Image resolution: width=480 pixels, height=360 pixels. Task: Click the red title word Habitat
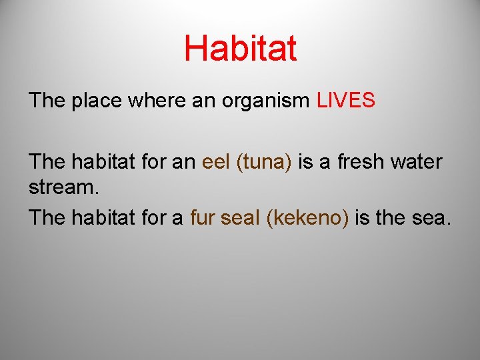(x=240, y=49)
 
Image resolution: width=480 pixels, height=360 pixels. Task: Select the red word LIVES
(x=346, y=101)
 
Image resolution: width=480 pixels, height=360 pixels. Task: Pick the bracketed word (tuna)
(x=264, y=163)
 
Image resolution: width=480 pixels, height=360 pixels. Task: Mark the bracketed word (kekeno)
(x=307, y=218)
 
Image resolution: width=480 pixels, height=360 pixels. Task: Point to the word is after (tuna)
(x=305, y=162)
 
